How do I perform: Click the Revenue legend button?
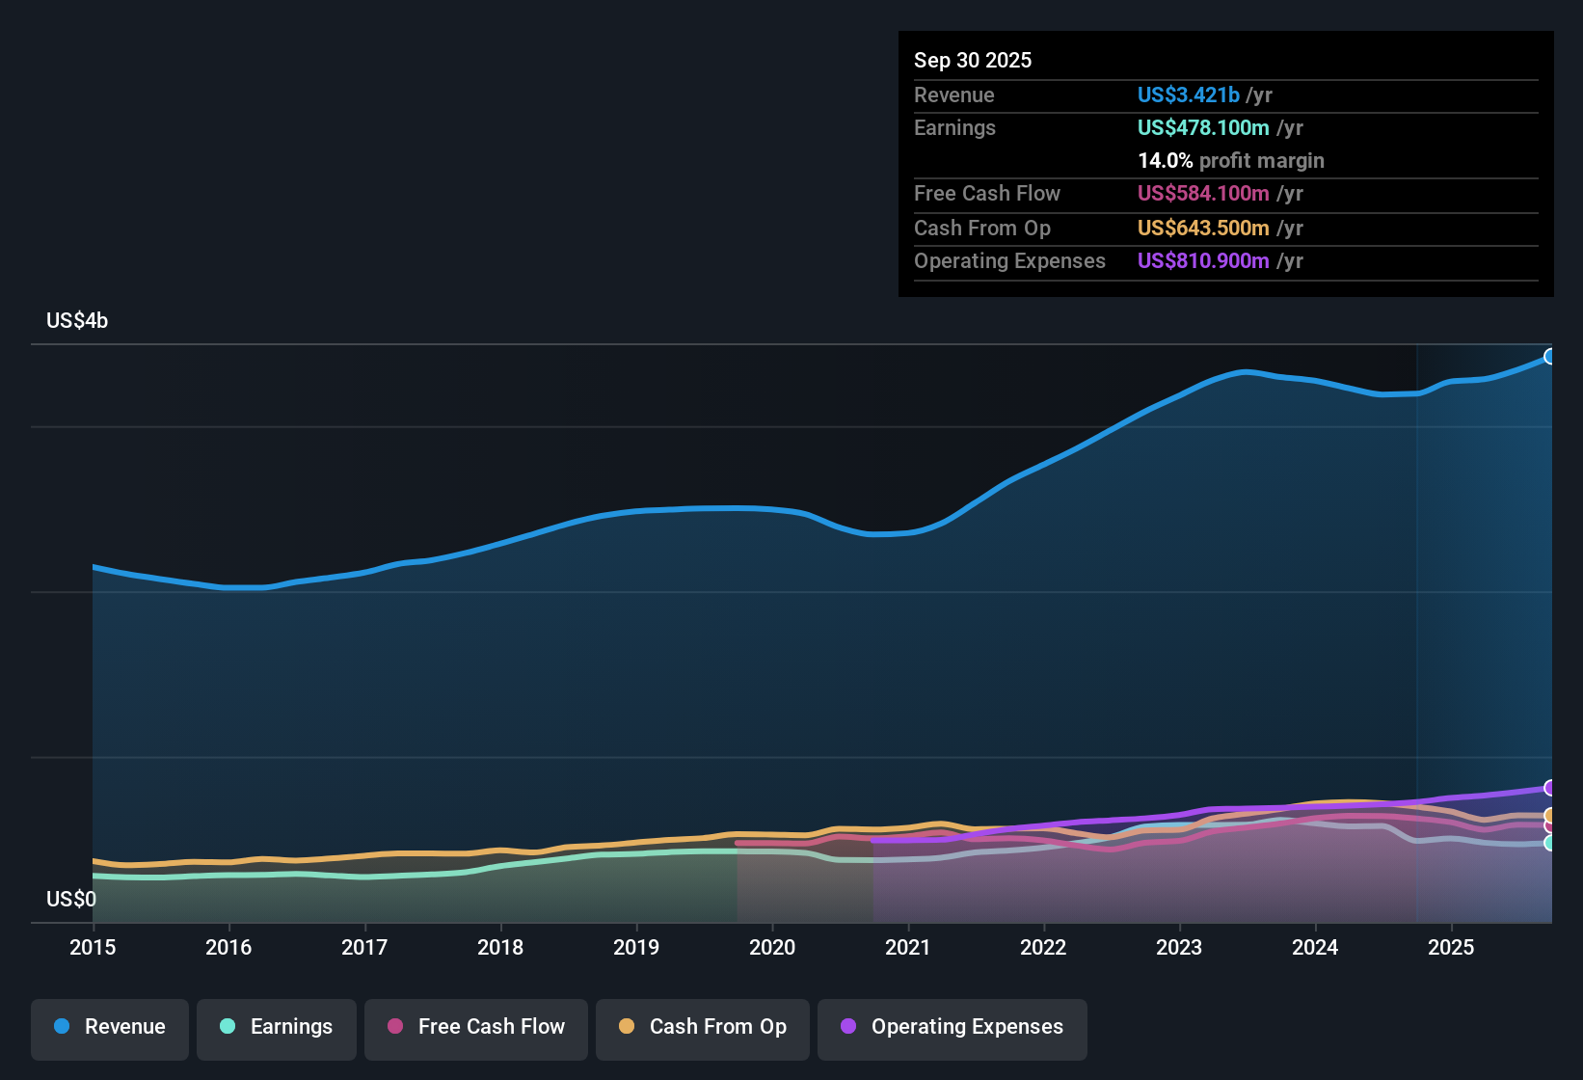pyautogui.click(x=110, y=1028)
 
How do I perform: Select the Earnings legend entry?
pyautogui.click(x=277, y=1028)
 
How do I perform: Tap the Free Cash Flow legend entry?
pyautogui.click(x=476, y=1028)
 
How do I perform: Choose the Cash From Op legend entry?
pyautogui.click(x=703, y=1028)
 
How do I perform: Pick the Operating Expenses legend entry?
pyautogui.click(x=952, y=1028)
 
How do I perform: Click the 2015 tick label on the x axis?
pyautogui.click(x=93, y=948)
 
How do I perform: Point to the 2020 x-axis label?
pyautogui.click(x=772, y=948)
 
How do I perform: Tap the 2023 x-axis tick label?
pyautogui.click(x=1179, y=948)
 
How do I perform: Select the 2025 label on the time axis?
pyautogui.click(x=1451, y=948)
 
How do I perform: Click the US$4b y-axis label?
pyautogui.click(x=77, y=321)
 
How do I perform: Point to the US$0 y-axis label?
pyautogui.click(x=71, y=900)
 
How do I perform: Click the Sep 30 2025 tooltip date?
pyautogui.click(x=973, y=61)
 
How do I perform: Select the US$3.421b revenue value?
pyautogui.click(x=1188, y=95)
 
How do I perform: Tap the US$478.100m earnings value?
pyautogui.click(x=1203, y=128)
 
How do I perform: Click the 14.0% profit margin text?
pyautogui.click(x=1230, y=161)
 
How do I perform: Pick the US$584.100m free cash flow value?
pyautogui.click(x=1203, y=194)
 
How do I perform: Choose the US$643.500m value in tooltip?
pyautogui.click(x=1203, y=229)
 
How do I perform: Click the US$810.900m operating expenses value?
pyautogui.click(x=1203, y=261)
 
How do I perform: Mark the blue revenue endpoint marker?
pyautogui.click(x=1549, y=357)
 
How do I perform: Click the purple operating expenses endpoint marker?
pyautogui.click(x=1549, y=788)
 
